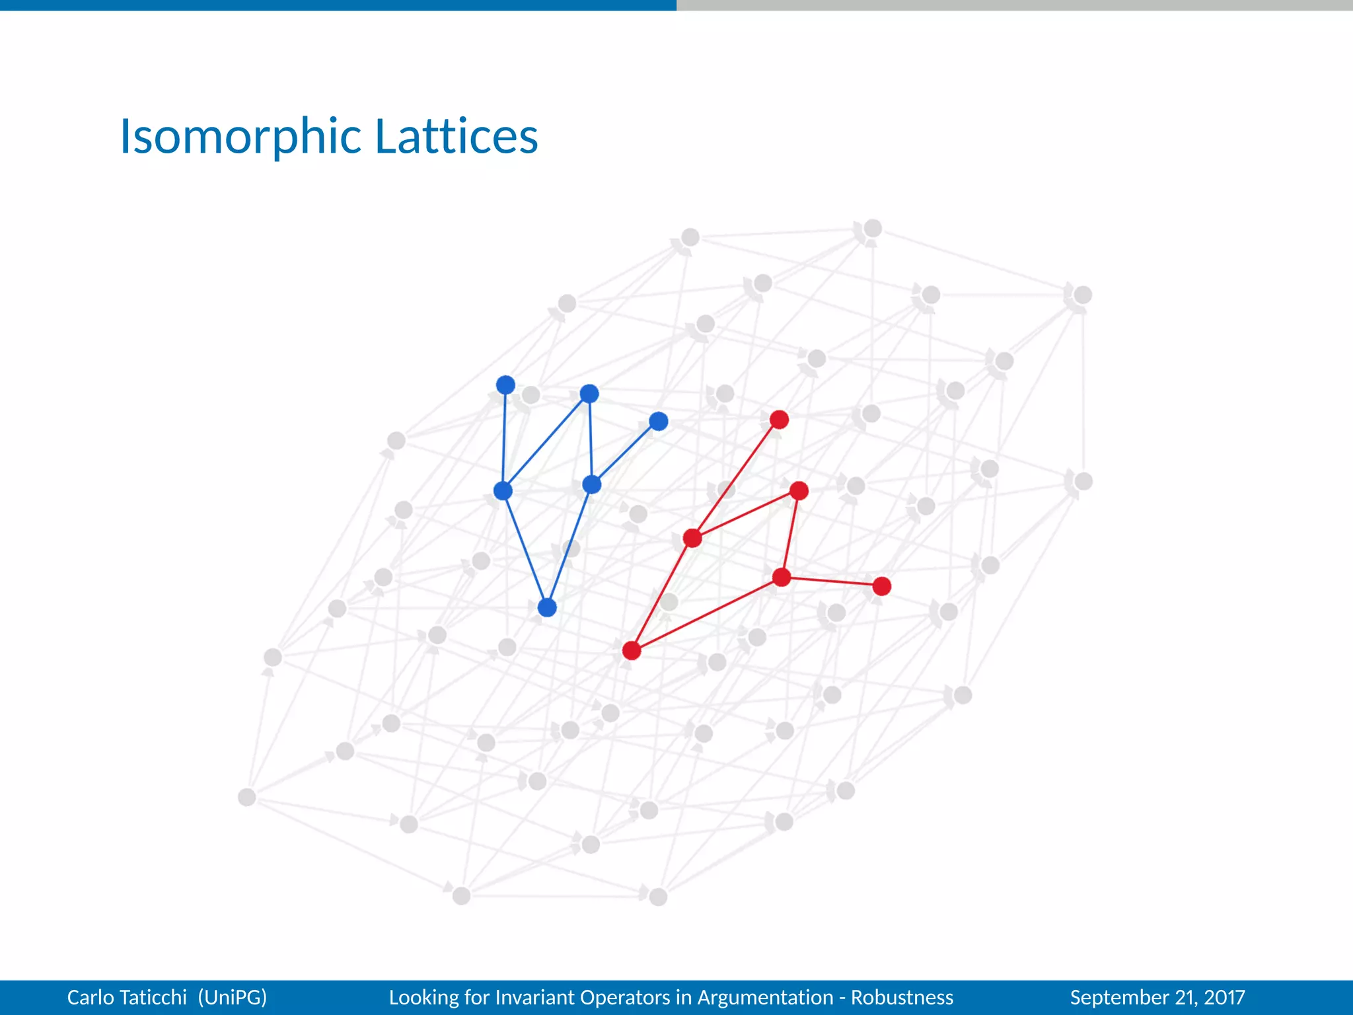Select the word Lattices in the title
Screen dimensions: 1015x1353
(x=457, y=137)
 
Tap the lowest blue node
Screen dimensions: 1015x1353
(x=547, y=607)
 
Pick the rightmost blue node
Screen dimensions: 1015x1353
(x=658, y=421)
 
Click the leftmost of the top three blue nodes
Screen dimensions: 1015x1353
(x=505, y=385)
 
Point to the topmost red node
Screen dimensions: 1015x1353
(x=779, y=420)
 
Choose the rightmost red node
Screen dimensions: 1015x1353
(x=881, y=586)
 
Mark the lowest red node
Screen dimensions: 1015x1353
(x=632, y=651)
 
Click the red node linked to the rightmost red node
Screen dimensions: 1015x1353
(x=782, y=578)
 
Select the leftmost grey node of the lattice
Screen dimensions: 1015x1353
(x=246, y=797)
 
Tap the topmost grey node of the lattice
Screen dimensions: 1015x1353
(x=873, y=228)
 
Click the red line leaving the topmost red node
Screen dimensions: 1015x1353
(x=737, y=478)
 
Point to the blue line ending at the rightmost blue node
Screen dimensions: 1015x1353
(x=625, y=453)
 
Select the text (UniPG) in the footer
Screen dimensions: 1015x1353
(x=233, y=997)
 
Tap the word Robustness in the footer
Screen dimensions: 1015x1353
(x=902, y=997)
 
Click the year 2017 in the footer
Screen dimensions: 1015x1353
(x=1224, y=997)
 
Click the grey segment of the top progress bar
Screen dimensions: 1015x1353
(x=1015, y=5)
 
